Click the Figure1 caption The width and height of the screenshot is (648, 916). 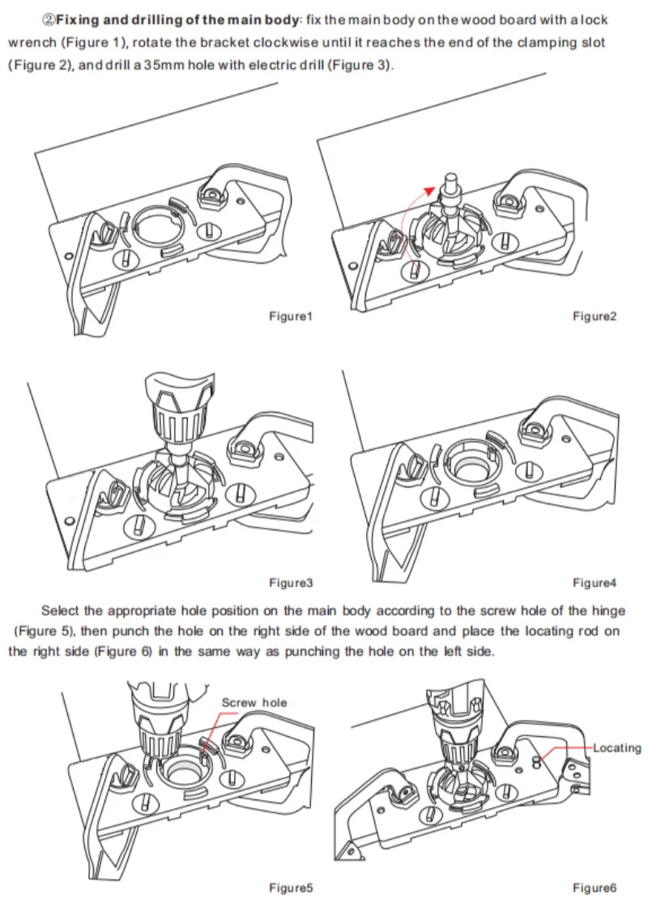tap(290, 316)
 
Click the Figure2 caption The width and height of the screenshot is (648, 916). tap(594, 316)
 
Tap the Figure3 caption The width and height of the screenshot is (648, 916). tap(290, 583)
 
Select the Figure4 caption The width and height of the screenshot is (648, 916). tap(594, 583)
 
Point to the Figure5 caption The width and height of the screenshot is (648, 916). tap(290, 888)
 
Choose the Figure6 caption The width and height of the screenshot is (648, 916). tap(594, 888)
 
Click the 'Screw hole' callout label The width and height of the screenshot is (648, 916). tap(254, 702)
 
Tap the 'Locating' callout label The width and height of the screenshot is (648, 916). tap(616, 747)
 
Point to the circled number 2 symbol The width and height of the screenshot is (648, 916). tap(48, 19)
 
